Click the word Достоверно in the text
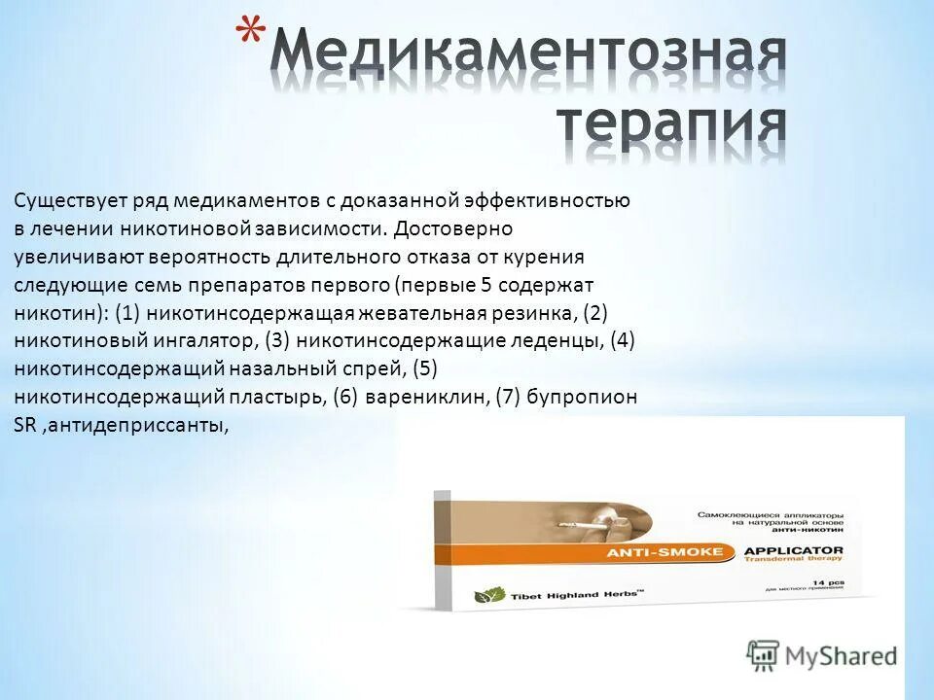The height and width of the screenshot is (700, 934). (x=449, y=229)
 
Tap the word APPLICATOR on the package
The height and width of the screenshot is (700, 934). (x=793, y=549)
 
